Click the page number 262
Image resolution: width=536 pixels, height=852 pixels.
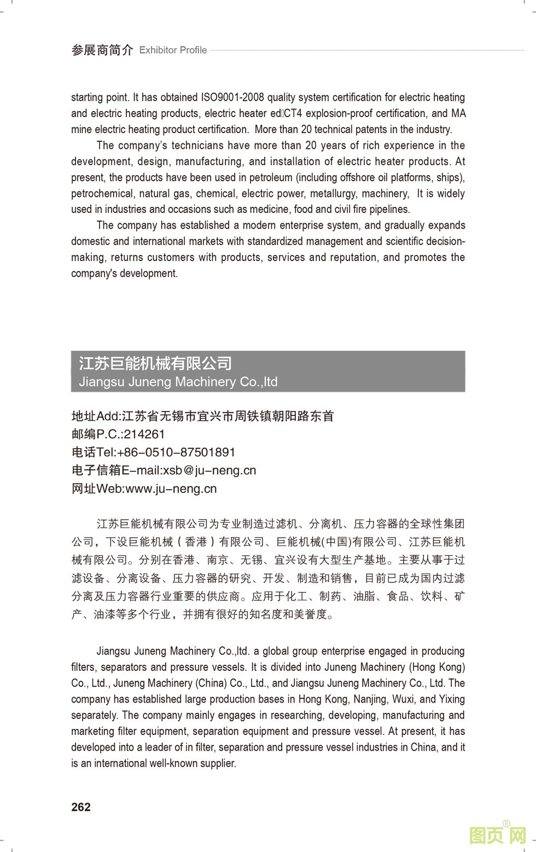81,807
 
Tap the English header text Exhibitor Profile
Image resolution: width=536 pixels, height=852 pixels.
173,50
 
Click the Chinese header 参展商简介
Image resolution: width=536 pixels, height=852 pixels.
102,50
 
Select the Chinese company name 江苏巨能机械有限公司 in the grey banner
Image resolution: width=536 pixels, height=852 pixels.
155,363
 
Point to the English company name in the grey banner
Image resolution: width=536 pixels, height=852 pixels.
178,382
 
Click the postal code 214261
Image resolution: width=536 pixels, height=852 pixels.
144,434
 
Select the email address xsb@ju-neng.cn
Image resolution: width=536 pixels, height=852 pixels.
210,470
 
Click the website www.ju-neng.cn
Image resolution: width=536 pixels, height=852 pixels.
171,488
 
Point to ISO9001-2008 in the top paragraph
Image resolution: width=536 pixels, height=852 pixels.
232,97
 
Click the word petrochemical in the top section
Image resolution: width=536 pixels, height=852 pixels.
102,193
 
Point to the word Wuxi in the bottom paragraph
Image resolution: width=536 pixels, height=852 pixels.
402,699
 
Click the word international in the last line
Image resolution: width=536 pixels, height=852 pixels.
120,763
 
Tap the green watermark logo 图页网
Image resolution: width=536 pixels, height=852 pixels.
498,834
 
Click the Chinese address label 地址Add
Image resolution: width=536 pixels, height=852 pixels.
95,416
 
